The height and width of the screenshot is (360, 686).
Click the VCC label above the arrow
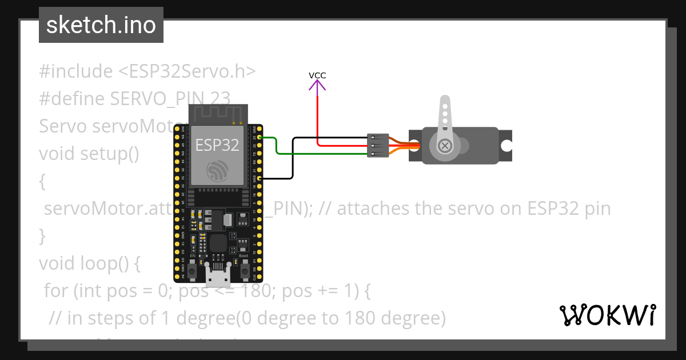[317, 75]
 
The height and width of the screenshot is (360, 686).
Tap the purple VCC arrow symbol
[317, 86]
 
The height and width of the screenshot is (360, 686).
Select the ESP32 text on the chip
[217, 145]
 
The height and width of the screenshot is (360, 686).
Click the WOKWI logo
[607, 315]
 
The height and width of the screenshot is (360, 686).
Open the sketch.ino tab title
[101, 25]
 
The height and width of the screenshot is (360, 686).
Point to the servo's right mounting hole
[506, 146]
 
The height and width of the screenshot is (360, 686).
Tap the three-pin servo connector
[378, 146]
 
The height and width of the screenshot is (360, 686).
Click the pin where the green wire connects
[260, 138]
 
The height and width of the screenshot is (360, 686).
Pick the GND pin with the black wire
[260, 179]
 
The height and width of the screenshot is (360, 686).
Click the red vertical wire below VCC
[317, 114]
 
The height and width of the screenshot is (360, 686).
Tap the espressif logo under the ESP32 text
[217, 170]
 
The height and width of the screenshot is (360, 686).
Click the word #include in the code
[76, 71]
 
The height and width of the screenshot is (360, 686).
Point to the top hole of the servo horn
[444, 106]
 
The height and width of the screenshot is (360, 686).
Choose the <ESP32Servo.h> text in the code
[187, 71]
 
